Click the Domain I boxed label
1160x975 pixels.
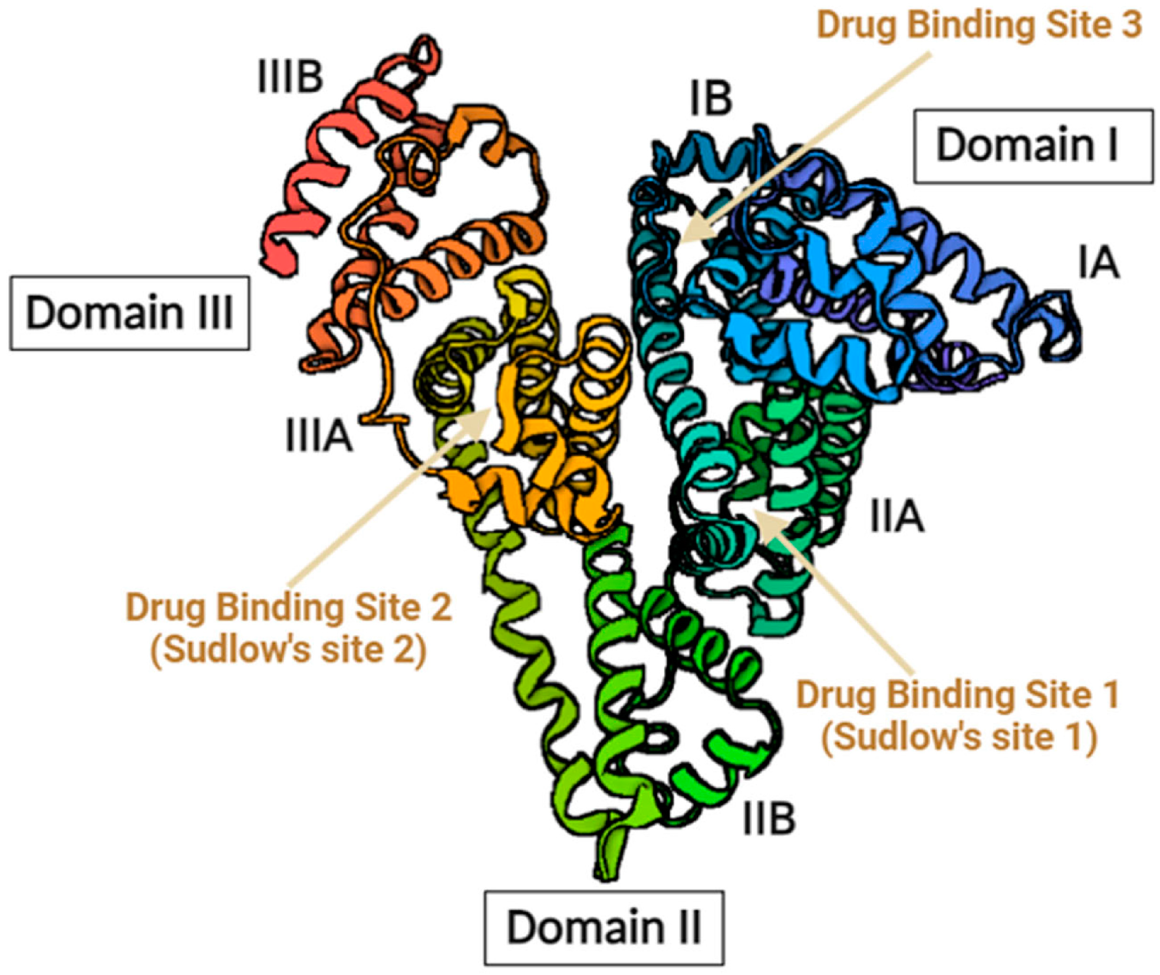coord(1033,146)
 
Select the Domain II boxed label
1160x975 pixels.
coord(604,927)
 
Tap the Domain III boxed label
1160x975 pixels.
coord(129,312)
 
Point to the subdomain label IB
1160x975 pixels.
coord(711,98)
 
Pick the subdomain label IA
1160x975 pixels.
coord(1098,263)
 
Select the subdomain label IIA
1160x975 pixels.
coord(897,517)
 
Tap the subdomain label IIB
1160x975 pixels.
coord(769,818)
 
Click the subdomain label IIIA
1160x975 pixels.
coord(319,436)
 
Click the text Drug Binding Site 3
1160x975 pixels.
coord(979,25)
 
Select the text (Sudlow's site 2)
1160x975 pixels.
coord(288,650)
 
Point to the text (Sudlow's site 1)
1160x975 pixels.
coord(959,736)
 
